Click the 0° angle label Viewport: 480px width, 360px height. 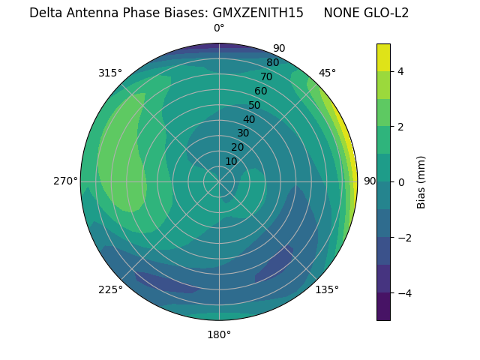219,28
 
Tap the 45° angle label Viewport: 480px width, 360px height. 327,73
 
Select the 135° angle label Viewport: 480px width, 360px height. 327,289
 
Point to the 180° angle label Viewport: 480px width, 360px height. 219,334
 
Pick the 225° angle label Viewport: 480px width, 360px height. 110,289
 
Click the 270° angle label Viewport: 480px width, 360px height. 65,181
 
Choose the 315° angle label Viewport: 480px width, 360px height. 110,73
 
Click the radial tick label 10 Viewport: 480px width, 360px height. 231,161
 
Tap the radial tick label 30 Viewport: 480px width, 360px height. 243,133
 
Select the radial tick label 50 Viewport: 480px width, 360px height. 255,106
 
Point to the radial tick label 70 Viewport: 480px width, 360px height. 267,77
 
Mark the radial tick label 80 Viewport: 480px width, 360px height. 273,63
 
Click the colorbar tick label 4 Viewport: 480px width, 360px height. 400,71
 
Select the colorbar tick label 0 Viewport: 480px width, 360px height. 400,182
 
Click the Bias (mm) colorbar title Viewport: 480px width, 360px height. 421,182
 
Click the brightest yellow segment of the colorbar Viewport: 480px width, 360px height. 383,57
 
